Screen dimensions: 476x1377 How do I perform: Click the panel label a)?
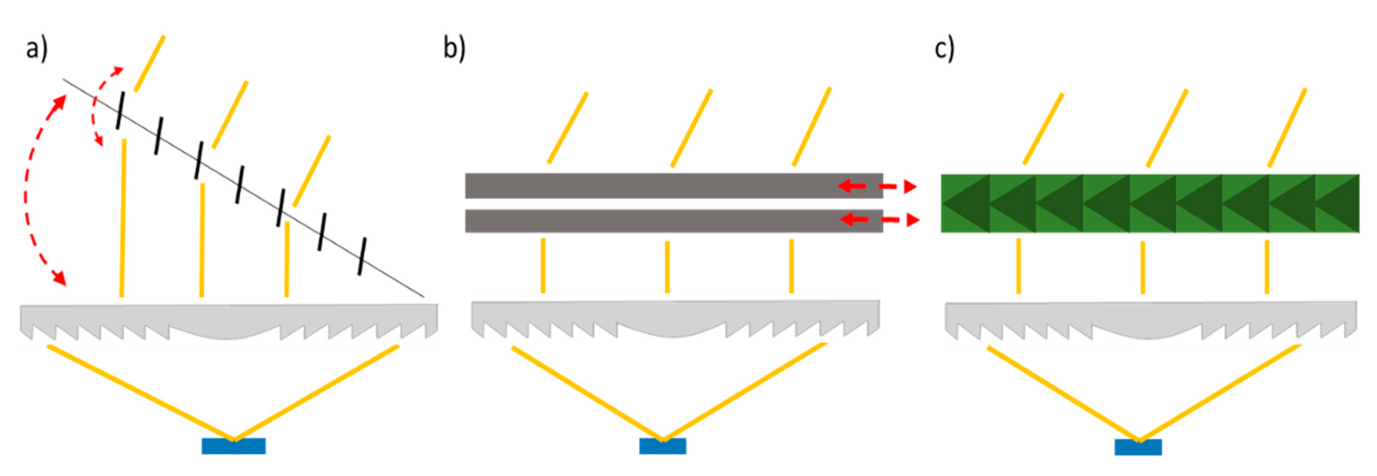(36, 50)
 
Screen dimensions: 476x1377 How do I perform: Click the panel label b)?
(454, 49)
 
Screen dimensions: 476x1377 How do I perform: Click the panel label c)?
(944, 50)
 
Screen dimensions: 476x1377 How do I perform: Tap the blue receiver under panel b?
(662, 446)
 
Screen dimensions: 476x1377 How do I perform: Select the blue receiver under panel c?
(1138, 447)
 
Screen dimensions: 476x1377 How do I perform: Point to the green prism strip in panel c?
(1149, 203)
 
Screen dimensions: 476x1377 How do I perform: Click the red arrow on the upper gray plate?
(877, 187)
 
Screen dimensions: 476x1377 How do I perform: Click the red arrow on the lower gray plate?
(879, 219)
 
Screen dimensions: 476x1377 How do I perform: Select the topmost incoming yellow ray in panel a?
(149, 63)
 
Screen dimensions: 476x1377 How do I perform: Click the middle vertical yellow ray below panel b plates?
(667, 267)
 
